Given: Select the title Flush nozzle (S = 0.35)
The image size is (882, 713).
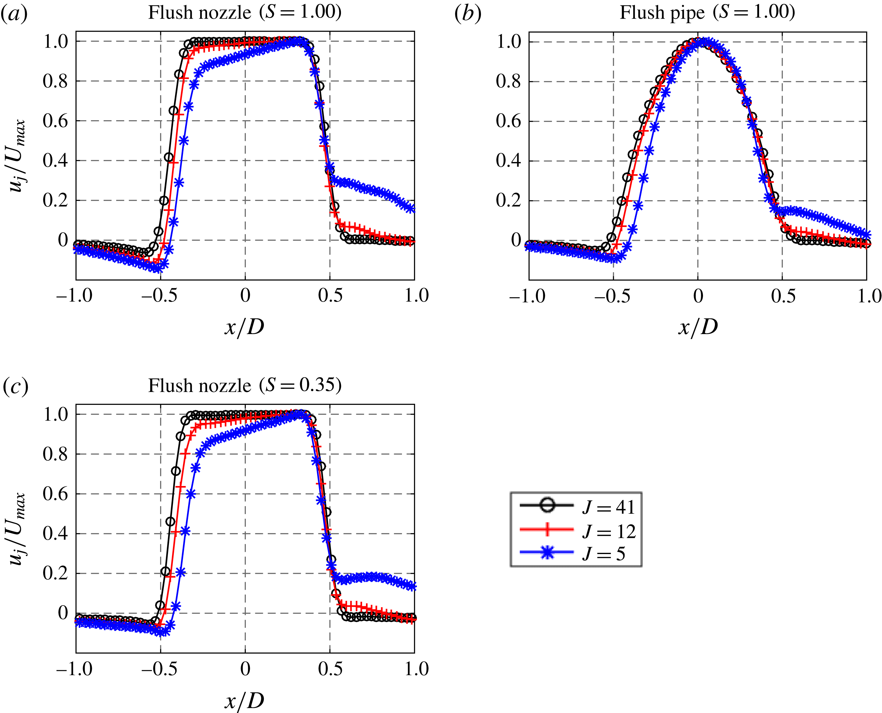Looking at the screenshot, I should [245, 385].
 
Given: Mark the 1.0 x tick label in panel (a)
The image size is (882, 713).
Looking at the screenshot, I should [416, 296].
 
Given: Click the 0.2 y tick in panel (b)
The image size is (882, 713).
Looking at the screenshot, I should [508, 200].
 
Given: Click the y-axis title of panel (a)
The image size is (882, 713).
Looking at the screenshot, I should [17, 156].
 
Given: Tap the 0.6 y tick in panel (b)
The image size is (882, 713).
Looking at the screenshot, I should [508, 121].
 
